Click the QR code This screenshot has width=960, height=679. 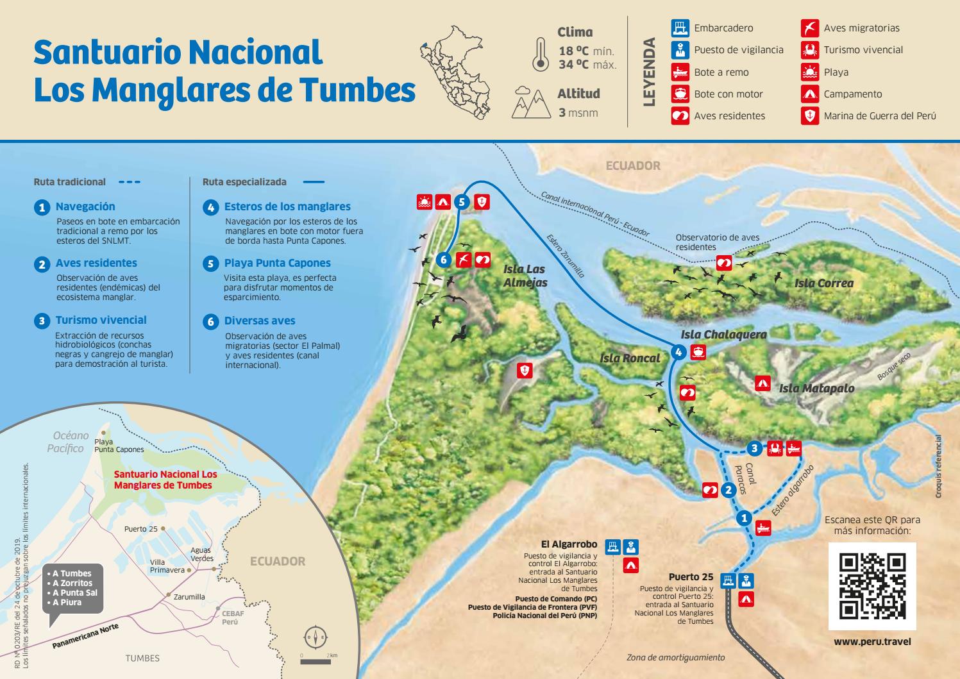pos(872,586)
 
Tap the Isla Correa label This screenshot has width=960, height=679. pos(823,283)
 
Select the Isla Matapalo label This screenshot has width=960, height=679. pos(816,388)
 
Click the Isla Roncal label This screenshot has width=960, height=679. pos(629,358)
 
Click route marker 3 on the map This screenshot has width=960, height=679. pos(755,448)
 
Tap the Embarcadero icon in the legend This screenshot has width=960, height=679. pos(680,28)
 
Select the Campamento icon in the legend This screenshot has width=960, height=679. pos(809,94)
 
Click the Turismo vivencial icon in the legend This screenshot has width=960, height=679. pos(809,50)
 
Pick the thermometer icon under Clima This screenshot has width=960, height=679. pos(540,54)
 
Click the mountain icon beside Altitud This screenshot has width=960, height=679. pos(531,104)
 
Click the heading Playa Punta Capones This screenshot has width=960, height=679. pos(277,263)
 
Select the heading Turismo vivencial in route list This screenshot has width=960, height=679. pos(101,320)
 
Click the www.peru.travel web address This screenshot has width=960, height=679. pos(872,641)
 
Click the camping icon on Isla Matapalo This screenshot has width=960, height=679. pos(762,383)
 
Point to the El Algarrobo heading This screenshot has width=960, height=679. pos(569,544)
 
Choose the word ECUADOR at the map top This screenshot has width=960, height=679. pos(633,165)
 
